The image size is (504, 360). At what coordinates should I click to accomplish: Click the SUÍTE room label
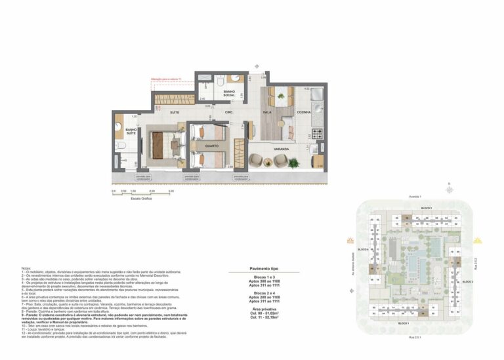175,112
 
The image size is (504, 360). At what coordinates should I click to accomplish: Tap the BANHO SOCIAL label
229,93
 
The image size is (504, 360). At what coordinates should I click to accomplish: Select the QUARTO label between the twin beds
212,146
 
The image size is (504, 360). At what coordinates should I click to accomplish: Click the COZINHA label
303,112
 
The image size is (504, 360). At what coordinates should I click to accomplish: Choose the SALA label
268,112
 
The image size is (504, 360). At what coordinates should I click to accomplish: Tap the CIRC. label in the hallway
229,112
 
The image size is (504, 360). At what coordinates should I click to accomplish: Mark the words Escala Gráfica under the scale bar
142,198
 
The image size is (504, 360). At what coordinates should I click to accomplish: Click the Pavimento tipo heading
265,269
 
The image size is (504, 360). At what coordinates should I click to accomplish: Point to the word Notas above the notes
26,269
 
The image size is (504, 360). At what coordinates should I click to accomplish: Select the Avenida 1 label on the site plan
415,197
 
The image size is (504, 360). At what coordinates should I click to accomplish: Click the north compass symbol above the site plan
450,189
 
